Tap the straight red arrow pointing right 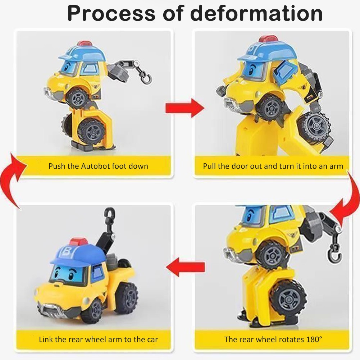pyautogui.click(x=185, y=108)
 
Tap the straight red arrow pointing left pyautogui.click(x=185, y=267)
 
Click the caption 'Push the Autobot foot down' pyautogui.click(x=98, y=166)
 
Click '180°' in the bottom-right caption pyautogui.click(x=314, y=339)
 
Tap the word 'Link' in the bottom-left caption pyautogui.click(x=45, y=340)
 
